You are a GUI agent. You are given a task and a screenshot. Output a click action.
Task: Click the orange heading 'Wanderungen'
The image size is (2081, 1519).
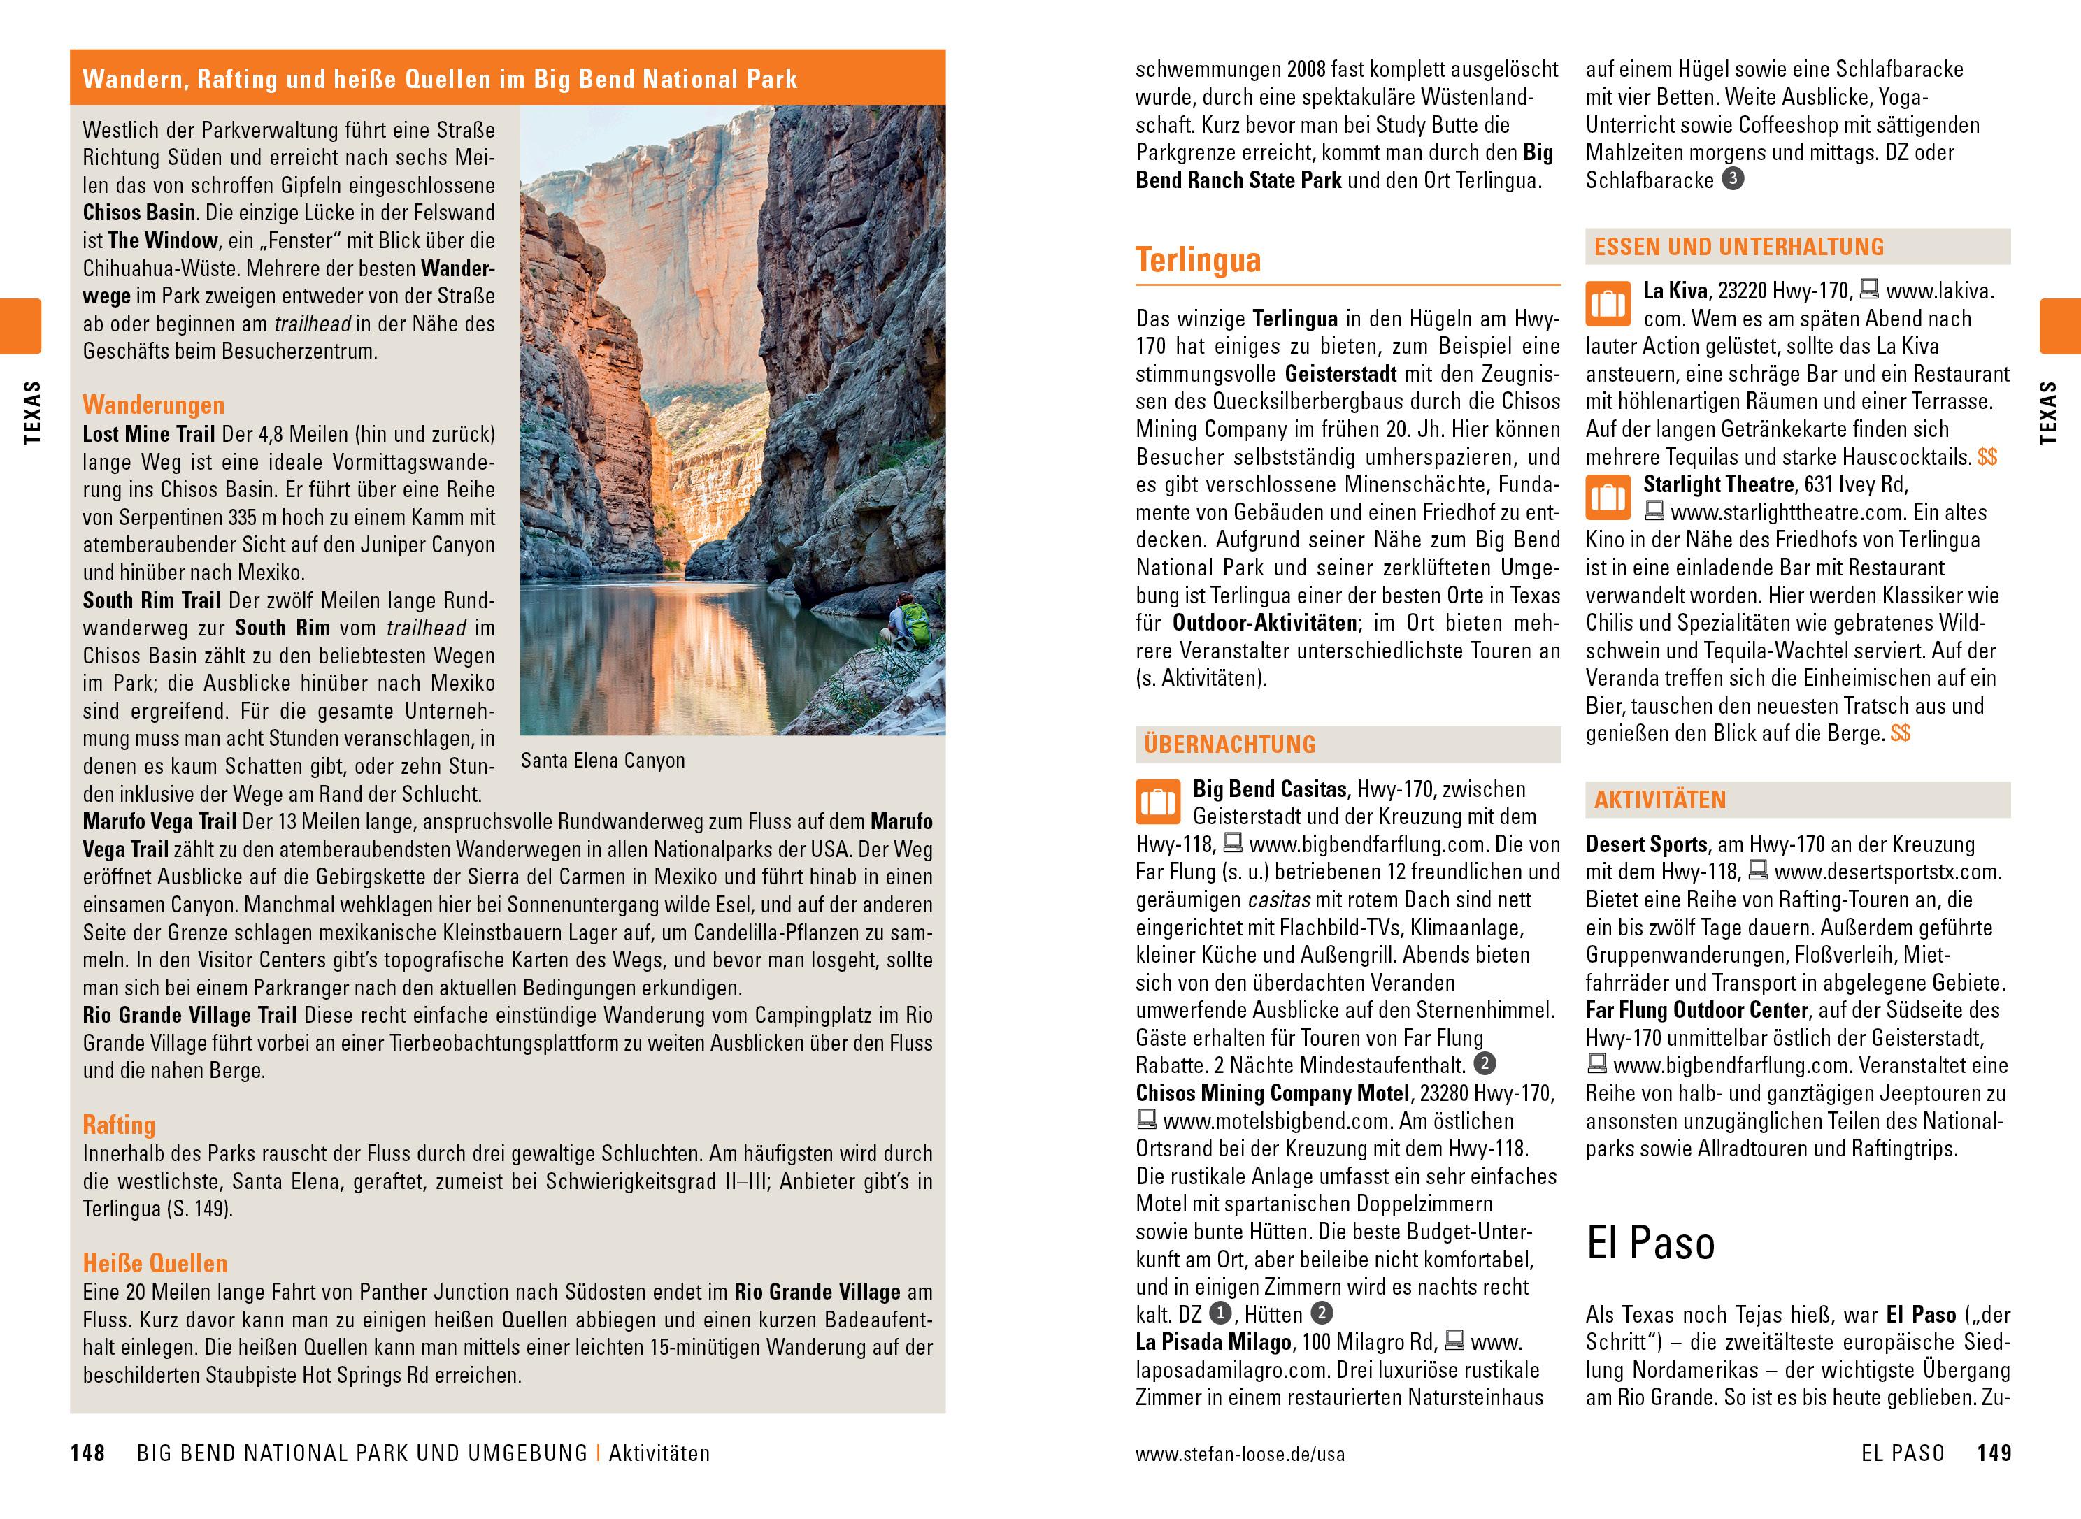(154, 405)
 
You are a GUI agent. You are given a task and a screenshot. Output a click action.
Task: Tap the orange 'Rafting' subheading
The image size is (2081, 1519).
(119, 1125)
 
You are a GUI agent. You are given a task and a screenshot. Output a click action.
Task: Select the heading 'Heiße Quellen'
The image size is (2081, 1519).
(155, 1263)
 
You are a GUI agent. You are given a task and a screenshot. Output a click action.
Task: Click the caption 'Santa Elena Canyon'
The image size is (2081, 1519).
(602, 761)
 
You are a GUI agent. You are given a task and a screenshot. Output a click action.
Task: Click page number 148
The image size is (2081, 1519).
(87, 1454)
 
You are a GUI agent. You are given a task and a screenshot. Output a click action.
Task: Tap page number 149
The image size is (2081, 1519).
(1994, 1454)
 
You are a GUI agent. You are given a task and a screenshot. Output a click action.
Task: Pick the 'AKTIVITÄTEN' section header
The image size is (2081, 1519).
(1660, 800)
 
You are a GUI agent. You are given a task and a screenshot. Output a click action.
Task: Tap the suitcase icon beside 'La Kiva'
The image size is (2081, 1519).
(1608, 304)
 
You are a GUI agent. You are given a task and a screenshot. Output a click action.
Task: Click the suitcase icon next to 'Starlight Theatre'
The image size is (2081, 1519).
(1608, 498)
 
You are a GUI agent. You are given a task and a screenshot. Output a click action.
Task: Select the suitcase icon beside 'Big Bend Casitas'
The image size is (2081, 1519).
(1158, 802)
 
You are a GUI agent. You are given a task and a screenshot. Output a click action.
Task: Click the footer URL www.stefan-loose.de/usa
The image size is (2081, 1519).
(1240, 1455)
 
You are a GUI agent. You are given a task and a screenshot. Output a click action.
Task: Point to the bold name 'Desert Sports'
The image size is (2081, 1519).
(1646, 844)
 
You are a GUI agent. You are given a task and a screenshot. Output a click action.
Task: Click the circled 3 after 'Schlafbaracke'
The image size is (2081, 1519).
(1733, 179)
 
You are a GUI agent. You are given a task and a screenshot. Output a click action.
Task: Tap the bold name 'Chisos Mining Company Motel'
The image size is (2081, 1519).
(1272, 1093)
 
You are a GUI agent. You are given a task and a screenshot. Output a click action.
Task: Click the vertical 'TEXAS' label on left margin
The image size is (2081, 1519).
(32, 413)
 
